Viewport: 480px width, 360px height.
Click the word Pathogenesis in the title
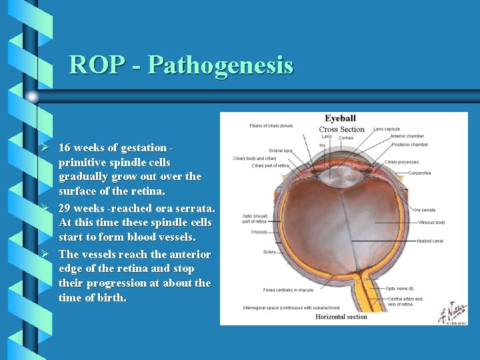(x=220, y=65)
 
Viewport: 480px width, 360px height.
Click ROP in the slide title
(x=95, y=65)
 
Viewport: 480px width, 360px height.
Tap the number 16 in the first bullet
(x=65, y=147)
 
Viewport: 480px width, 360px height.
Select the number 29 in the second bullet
(x=65, y=208)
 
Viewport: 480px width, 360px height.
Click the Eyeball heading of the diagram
(x=340, y=119)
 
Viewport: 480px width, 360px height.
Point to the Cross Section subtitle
(x=341, y=129)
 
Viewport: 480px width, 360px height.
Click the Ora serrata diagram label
(x=424, y=210)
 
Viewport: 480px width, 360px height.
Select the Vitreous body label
(x=431, y=223)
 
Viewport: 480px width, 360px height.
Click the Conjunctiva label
(x=419, y=173)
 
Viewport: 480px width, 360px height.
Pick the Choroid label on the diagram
(x=259, y=233)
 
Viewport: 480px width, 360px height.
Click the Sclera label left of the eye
(x=269, y=252)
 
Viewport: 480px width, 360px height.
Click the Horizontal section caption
(x=341, y=317)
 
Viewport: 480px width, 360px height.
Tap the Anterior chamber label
(x=407, y=137)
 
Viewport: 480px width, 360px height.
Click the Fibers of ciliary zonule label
(x=271, y=125)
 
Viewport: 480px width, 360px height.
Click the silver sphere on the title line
(x=32, y=97)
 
